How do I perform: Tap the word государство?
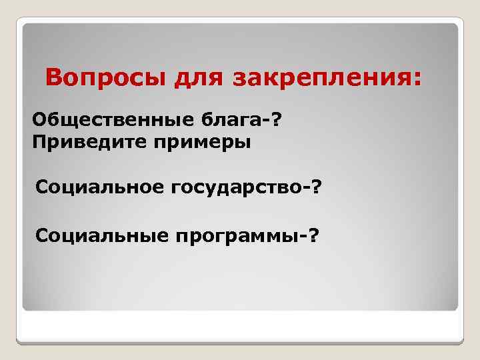pos(236,189)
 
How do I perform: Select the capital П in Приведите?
pos(38,142)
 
